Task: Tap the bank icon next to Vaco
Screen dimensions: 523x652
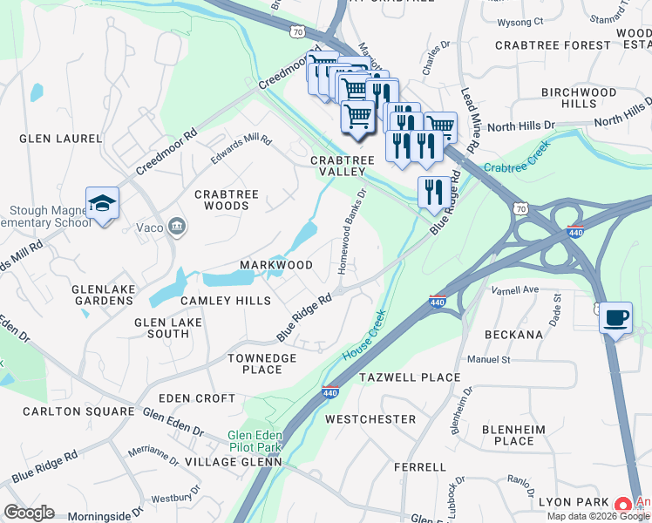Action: click(177, 228)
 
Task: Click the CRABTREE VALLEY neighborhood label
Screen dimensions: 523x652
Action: click(343, 166)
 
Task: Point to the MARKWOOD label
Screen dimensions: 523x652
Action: click(277, 265)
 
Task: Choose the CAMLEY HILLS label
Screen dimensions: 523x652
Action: click(225, 300)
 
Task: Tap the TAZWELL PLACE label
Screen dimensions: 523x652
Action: click(410, 377)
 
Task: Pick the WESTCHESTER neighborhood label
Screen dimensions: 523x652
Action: click(370, 419)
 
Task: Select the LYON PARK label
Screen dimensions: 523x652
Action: click(573, 502)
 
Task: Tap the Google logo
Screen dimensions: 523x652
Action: click(29, 513)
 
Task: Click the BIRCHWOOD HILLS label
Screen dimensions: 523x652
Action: click(578, 98)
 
